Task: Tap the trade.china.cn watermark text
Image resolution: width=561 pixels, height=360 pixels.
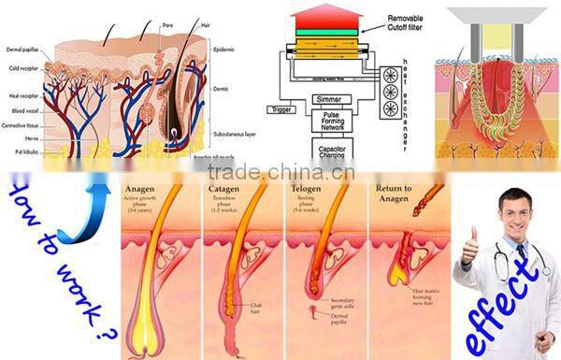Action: [x=280, y=171]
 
